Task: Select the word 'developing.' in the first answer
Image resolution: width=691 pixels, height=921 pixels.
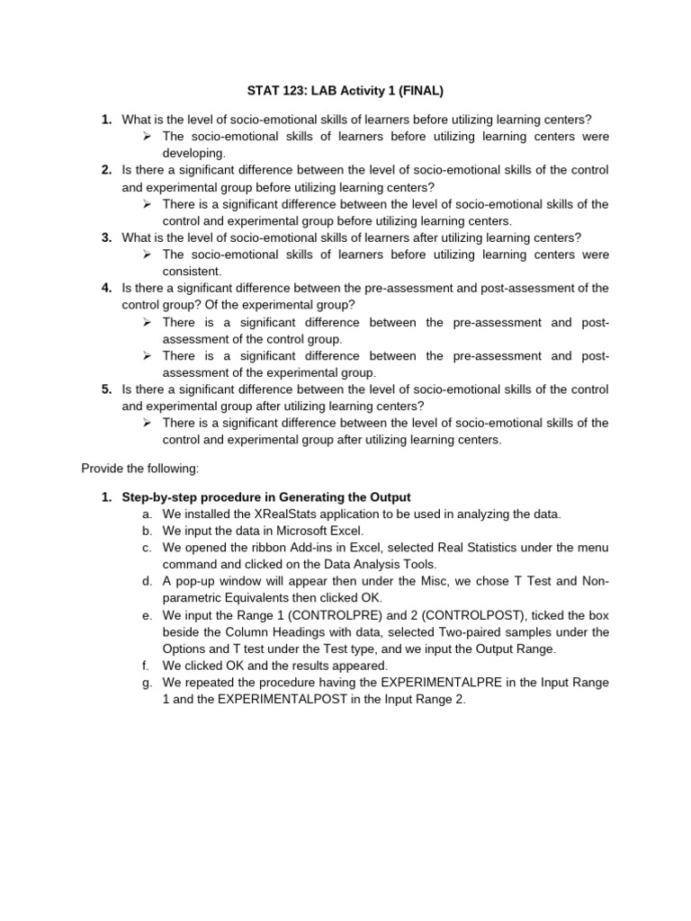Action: (x=193, y=153)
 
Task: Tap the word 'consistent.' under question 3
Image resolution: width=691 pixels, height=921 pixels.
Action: (x=192, y=271)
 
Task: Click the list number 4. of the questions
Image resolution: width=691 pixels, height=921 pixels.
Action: (x=106, y=288)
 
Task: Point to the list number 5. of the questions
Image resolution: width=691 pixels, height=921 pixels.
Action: (x=106, y=389)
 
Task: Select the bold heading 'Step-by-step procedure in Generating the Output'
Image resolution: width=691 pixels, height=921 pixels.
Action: (x=266, y=497)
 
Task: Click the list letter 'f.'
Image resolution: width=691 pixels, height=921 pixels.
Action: (x=146, y=666)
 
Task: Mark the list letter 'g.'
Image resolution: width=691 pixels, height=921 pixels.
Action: (x=147, y=683)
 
